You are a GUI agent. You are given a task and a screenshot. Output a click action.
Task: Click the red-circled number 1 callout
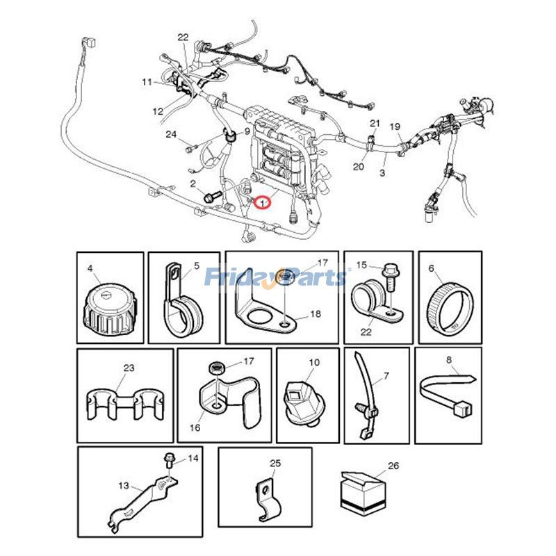(262, 203)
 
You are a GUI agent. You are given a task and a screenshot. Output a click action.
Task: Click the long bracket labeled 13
(142, 497)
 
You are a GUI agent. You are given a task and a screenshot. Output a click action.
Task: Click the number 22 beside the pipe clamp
(366, 332)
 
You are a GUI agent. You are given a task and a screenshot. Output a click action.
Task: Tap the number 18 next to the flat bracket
(316, 314)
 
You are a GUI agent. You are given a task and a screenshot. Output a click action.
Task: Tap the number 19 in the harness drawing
(395, 126)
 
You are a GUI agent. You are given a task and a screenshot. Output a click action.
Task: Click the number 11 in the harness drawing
(147, 82)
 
